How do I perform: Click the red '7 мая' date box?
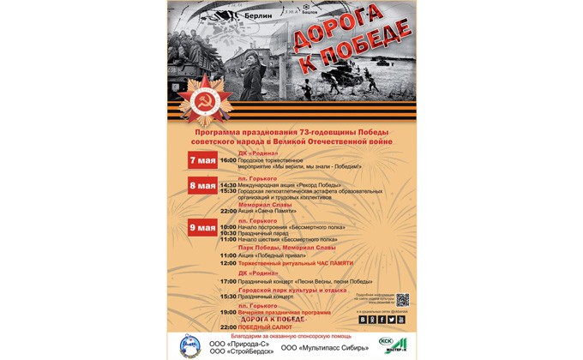(203, 160)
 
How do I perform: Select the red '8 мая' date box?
(203, 185)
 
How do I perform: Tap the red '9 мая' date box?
(203, 226)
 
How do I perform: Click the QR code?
(402, 300)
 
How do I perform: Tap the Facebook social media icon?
(381, 320)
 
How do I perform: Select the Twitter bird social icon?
(391, 320)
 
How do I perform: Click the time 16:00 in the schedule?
(228, 160)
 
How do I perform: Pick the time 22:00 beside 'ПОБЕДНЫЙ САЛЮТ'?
(228, 327)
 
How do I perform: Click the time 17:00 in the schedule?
(228, 281)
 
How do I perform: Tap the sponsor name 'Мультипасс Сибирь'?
(325, 347)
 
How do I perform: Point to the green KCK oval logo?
(385, 341)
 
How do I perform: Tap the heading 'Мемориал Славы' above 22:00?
(264, 204)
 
